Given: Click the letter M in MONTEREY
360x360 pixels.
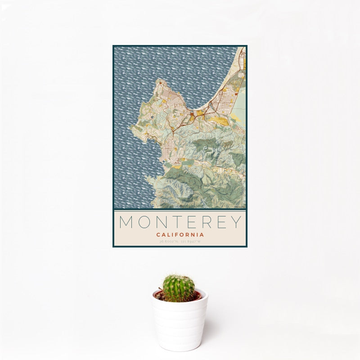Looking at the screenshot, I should [x=126, y=221].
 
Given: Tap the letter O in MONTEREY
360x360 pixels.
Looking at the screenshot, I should [x=145, y=221].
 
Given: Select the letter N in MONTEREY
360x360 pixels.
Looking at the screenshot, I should [x=163, y=221].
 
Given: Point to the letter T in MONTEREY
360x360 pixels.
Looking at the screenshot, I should [x=180, y=221].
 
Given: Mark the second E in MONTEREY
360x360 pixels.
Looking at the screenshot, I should [x=224, y=221].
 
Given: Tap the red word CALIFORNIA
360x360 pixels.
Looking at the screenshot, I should [x=180, y=234].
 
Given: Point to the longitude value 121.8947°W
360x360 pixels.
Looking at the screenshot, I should [x=191, y=242].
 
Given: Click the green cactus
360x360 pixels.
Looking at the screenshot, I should [x=179, y=288].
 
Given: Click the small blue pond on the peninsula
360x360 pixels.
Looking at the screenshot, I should [x=153, y=117].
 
